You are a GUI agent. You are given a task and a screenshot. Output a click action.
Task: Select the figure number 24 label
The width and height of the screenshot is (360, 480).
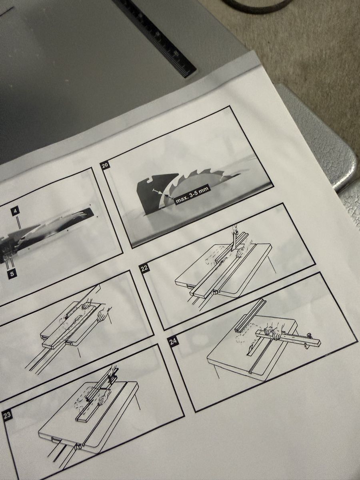tap(173, 342)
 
